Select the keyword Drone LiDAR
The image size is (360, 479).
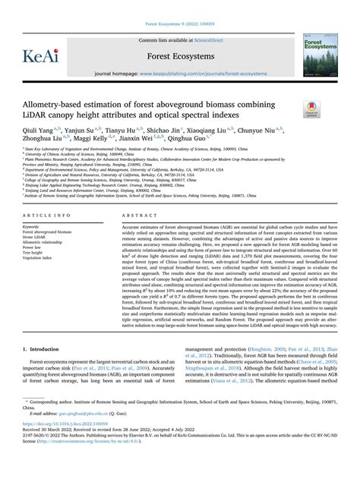pos(37,236)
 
